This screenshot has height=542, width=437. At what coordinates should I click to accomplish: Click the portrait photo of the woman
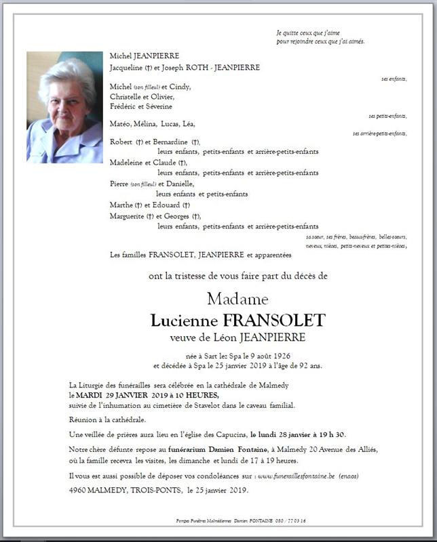(64, 107)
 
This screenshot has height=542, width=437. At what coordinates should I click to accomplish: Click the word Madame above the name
(237, 299)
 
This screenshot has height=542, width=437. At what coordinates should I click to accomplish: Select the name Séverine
(158, 106)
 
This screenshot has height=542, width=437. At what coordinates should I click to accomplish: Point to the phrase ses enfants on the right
(394, 79)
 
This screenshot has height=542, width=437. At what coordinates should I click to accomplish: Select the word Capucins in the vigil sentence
(227, 434)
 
